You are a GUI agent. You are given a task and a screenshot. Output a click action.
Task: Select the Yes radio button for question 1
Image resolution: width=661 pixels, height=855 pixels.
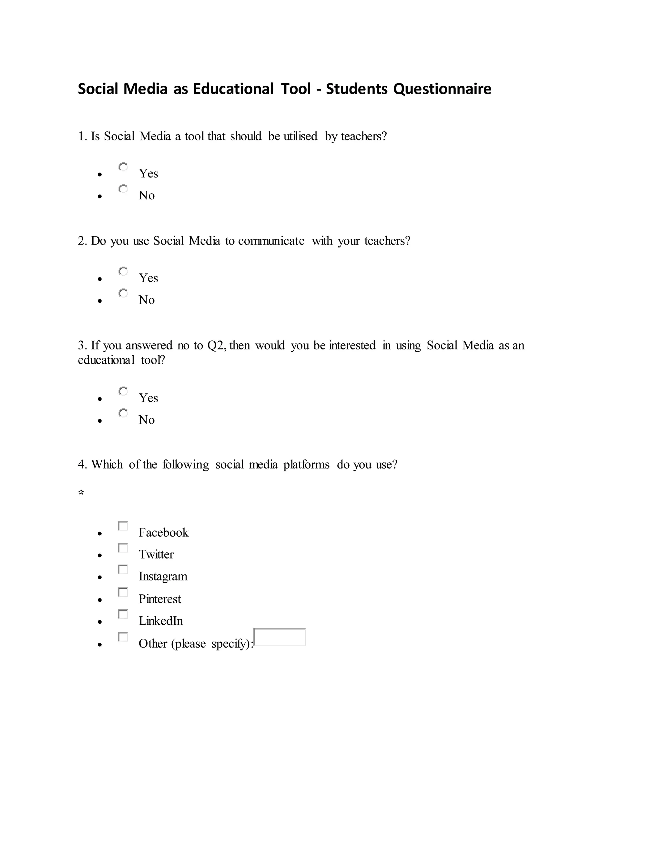123,167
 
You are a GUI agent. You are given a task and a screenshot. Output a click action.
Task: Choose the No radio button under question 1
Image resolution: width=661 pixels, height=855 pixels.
123,189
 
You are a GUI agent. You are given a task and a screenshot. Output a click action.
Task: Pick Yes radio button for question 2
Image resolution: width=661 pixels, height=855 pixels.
123,271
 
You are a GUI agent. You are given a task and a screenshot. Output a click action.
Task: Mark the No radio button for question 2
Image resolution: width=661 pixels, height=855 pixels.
123,293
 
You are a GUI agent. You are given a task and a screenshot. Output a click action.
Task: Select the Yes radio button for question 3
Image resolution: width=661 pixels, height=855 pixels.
123,391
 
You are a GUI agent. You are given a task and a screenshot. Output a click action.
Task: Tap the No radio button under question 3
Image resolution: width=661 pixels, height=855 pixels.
123,413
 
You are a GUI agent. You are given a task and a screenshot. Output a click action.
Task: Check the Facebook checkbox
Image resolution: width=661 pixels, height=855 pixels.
123,526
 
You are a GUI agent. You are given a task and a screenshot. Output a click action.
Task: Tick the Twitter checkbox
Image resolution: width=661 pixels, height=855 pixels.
123,548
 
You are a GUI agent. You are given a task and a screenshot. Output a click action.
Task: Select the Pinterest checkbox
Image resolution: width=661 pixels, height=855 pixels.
123,592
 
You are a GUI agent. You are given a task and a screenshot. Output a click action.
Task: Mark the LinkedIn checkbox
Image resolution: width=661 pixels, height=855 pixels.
123,614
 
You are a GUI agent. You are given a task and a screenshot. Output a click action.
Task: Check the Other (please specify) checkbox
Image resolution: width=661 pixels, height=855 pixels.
123,637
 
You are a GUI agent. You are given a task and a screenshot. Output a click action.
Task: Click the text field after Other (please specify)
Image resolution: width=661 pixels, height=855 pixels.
280,637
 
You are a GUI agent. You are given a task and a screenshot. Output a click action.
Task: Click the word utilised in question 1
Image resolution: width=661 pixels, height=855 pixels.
300,136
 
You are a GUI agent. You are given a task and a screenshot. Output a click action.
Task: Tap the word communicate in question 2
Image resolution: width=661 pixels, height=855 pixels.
271,241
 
